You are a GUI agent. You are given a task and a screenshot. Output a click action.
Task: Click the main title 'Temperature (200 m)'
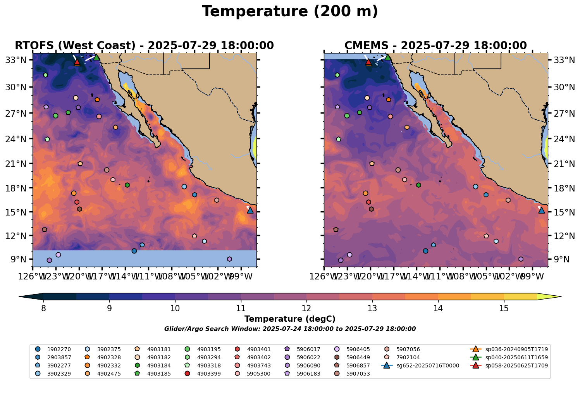[x=290, y=12]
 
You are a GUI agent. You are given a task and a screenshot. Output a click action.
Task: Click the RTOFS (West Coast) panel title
[x=144, y=46]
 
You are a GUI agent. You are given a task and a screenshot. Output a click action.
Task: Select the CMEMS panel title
[x=435, y=46]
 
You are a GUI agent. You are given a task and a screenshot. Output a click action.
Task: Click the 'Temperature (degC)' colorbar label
[x=290, y=319]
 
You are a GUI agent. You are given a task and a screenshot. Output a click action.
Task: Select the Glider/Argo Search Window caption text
[x=290, y=329]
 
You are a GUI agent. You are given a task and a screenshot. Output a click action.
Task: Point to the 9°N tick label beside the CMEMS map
[x=560, y=259]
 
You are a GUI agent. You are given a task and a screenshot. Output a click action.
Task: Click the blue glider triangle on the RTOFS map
[x=250, y=210]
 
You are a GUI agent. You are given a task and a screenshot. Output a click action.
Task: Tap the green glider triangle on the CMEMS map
[x=388, y=57]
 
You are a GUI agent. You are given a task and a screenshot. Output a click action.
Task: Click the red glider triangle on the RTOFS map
[x=77, y=62]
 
